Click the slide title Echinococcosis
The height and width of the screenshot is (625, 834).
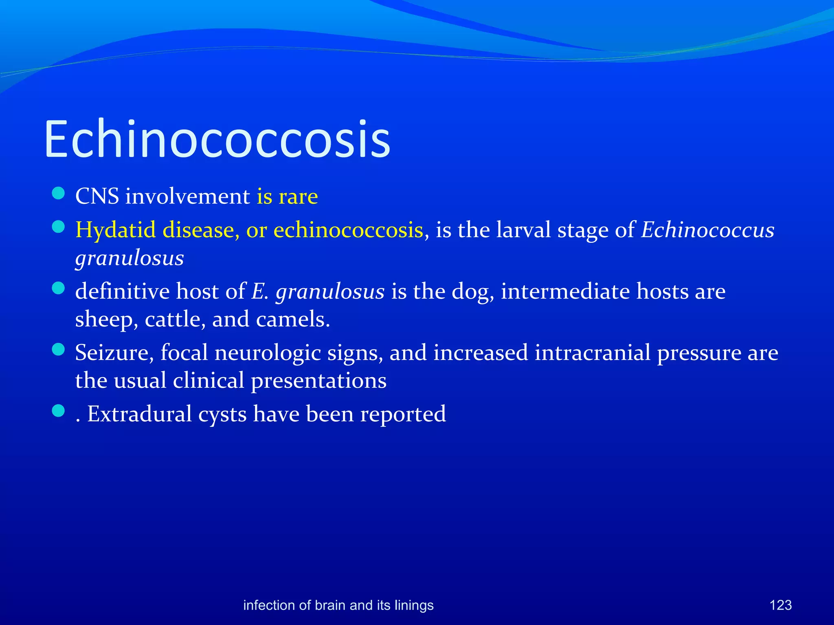click(217, 139)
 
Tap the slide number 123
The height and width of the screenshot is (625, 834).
click(780, 605)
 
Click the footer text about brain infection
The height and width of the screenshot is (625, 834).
click(338, 605)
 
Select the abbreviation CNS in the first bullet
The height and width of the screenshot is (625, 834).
click(97, 197)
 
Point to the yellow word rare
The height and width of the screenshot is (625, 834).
click(298, 197)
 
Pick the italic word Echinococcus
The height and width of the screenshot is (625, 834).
click(708, 230)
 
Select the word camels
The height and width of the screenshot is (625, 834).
click(292, 319)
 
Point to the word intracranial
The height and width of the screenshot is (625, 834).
click(593, 353)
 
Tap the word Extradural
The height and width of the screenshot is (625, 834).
click(139, 414)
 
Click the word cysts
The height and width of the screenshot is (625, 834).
click(222, 414)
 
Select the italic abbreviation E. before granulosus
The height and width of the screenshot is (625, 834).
click(260, 292)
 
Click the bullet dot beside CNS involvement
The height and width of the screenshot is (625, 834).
click(59, 193)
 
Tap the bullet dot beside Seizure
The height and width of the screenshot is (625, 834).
click(59, 350)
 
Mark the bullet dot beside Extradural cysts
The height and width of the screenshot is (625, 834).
click(59, 411)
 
